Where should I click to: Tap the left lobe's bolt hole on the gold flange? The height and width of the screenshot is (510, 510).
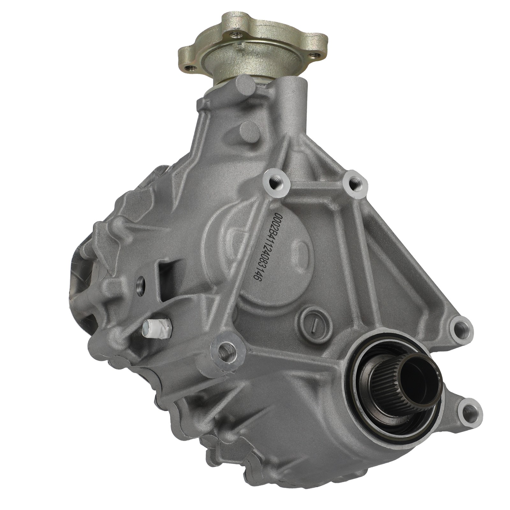(x=190, y=68)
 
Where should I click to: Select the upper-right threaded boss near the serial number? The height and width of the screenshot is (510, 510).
(x=355, y=184)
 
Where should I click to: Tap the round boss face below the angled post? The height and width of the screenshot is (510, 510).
(x=250, y=133)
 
